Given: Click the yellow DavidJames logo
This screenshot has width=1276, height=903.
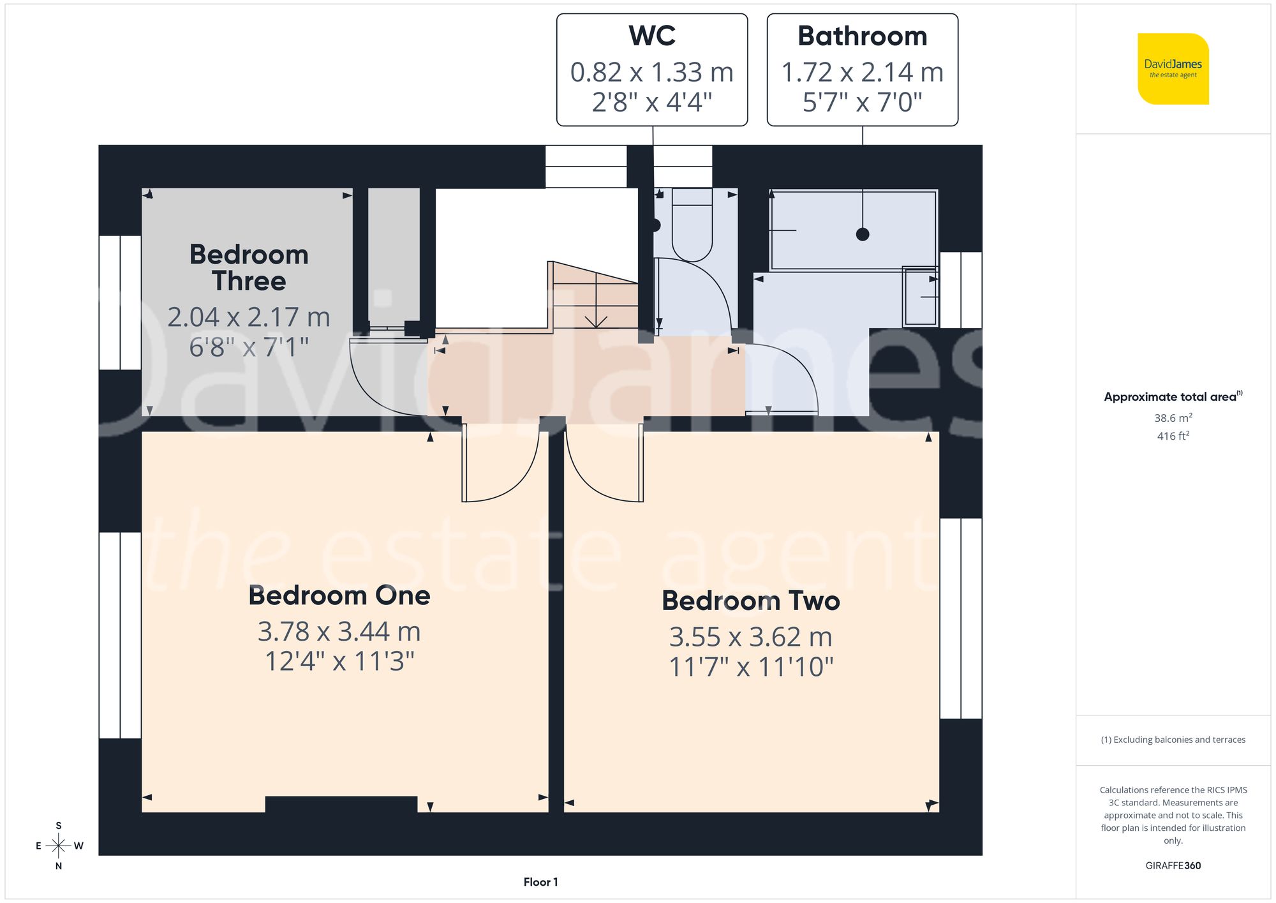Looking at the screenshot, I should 1173,69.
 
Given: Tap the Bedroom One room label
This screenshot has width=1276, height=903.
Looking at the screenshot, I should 339,595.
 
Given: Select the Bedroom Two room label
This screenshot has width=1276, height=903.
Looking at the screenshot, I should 750,601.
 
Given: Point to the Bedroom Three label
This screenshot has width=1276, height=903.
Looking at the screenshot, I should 249,267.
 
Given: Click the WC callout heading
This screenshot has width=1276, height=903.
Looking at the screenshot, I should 651,36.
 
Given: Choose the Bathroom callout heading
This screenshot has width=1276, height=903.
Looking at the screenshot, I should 862,36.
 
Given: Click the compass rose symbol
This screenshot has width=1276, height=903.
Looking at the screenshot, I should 58,846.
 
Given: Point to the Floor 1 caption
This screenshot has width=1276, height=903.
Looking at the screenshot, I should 540,882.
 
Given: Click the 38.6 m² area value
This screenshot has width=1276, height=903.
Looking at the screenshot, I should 1173,418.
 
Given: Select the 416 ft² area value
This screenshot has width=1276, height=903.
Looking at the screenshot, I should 1173,436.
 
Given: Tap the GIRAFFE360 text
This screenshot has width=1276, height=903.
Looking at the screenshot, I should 1173,865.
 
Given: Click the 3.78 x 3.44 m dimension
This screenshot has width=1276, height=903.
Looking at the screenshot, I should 339,632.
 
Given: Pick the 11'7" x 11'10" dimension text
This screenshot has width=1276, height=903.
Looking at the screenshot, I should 750,667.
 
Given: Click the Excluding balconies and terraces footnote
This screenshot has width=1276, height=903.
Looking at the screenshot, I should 1173,740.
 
